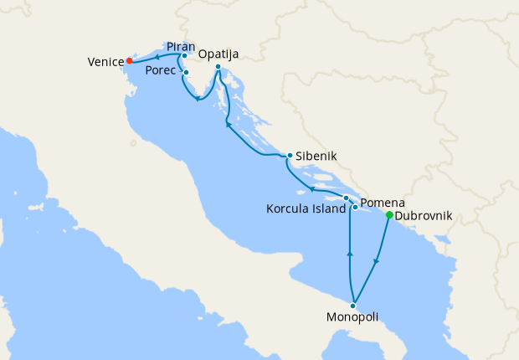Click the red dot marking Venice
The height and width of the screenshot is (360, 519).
pos(129,61)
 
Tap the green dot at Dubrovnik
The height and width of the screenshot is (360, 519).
pos(389,215)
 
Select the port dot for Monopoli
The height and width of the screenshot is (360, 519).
pos(353,306)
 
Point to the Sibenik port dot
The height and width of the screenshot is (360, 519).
pos(289,156)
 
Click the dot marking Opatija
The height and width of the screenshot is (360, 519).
pos(218,67)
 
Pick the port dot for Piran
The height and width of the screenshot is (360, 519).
pos(184,56)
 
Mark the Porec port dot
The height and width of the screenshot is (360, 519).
pos(186,73)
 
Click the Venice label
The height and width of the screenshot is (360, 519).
pos(105,62)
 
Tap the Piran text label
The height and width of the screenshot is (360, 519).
pos(182,45)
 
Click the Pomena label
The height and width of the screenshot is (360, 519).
pos(383,203)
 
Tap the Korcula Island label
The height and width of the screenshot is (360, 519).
pos(306,209)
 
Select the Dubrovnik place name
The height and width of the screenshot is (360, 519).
pos(424,216)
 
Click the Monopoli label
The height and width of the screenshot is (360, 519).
pos(353,318)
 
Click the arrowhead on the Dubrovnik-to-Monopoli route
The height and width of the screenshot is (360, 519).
pos(376,261)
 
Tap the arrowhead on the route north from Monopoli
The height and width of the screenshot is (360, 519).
pos(349,253)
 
